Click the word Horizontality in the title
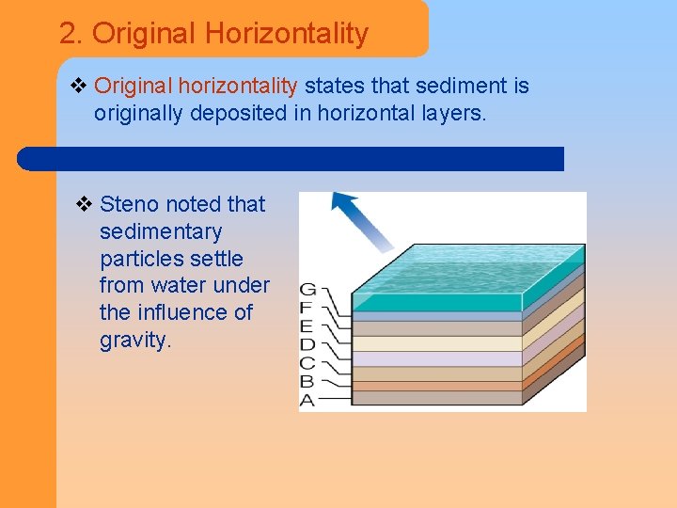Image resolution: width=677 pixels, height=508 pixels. point(286,34)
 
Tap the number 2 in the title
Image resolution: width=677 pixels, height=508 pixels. point(67,34)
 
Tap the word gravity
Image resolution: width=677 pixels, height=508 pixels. point(135,340)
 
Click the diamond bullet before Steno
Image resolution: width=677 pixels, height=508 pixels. point(84,204)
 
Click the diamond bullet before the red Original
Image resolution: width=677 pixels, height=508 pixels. point(79,87)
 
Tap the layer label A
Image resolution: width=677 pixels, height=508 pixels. point(307,401)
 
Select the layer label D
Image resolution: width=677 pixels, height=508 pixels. point(307,345)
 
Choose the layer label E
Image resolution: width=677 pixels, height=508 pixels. point(307,326)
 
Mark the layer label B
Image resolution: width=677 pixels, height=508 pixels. point(307,382)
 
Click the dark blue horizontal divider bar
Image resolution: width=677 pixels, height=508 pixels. point(291,159)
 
